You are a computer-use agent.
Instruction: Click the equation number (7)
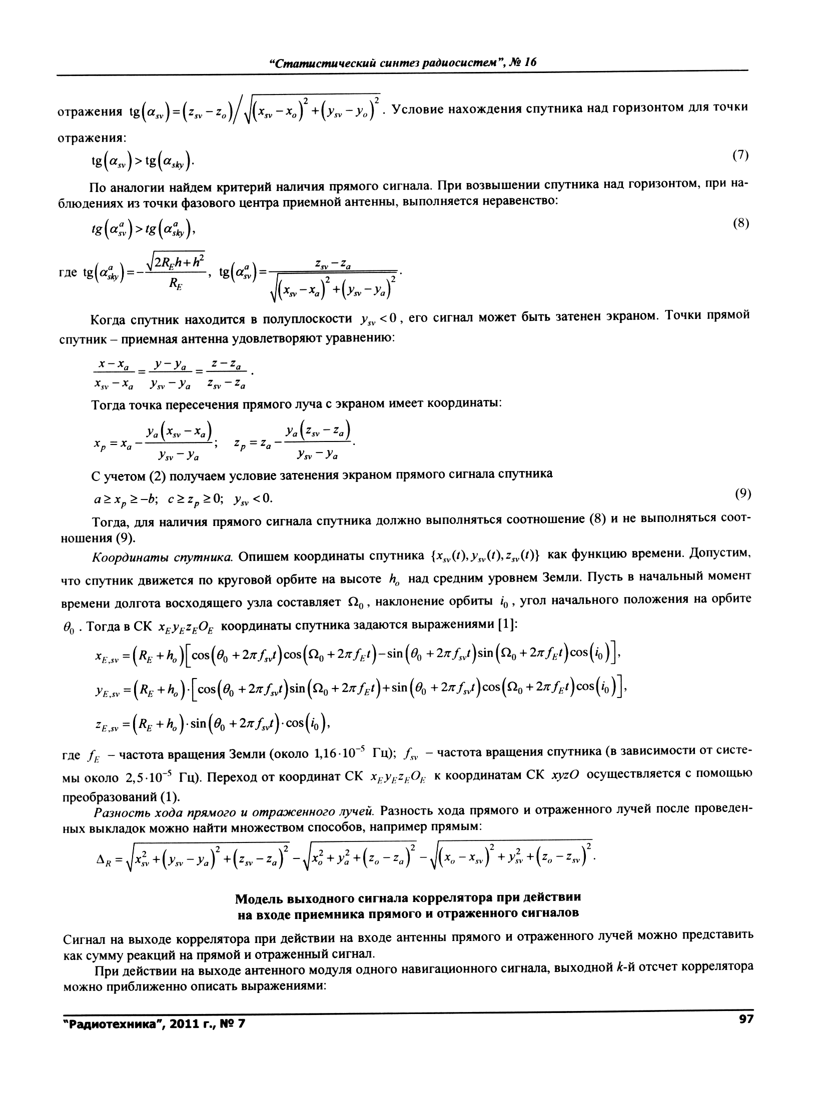740,155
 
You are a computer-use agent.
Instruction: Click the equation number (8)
740,223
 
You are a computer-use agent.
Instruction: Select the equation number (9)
743,494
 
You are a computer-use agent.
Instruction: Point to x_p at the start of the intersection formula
100,443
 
